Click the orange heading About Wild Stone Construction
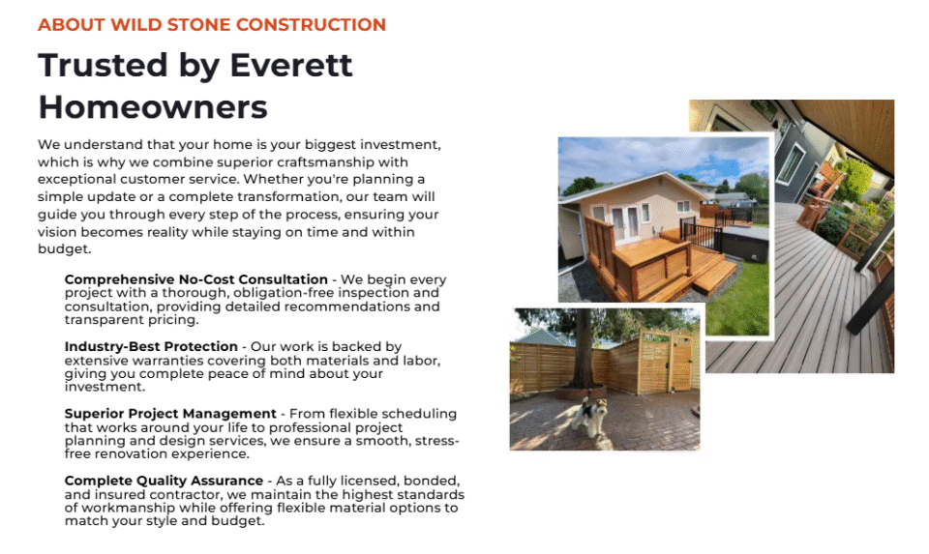tap(212, 25)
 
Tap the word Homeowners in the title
tap(153, 107)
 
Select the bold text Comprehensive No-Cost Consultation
tap(196, 279)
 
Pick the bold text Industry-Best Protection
tap(151, 346)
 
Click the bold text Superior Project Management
tap(170, 413)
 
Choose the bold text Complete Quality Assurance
tap(165, 480)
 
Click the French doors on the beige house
tap(626, 223)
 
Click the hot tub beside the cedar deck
tap(744, 243)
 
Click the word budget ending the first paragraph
tap(64, 248)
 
